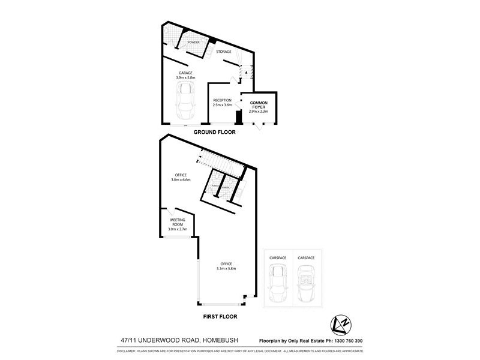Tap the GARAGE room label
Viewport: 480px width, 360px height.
pyautogui.click(x=185, y=73)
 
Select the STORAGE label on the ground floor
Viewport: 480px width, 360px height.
pyautogui.click(x=223, y=52)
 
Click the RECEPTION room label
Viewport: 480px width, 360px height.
pyautogui.click(x=222, y=100)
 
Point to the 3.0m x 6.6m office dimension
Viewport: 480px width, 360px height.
pyautogui.click(x=181, y=179)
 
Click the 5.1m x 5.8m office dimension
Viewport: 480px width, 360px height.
pyautogui.click(x=226, y=268)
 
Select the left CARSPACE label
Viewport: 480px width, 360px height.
pyautogui.click(x=278, y=257)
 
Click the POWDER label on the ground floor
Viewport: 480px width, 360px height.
pyautogui.click(x=193, y=43)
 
